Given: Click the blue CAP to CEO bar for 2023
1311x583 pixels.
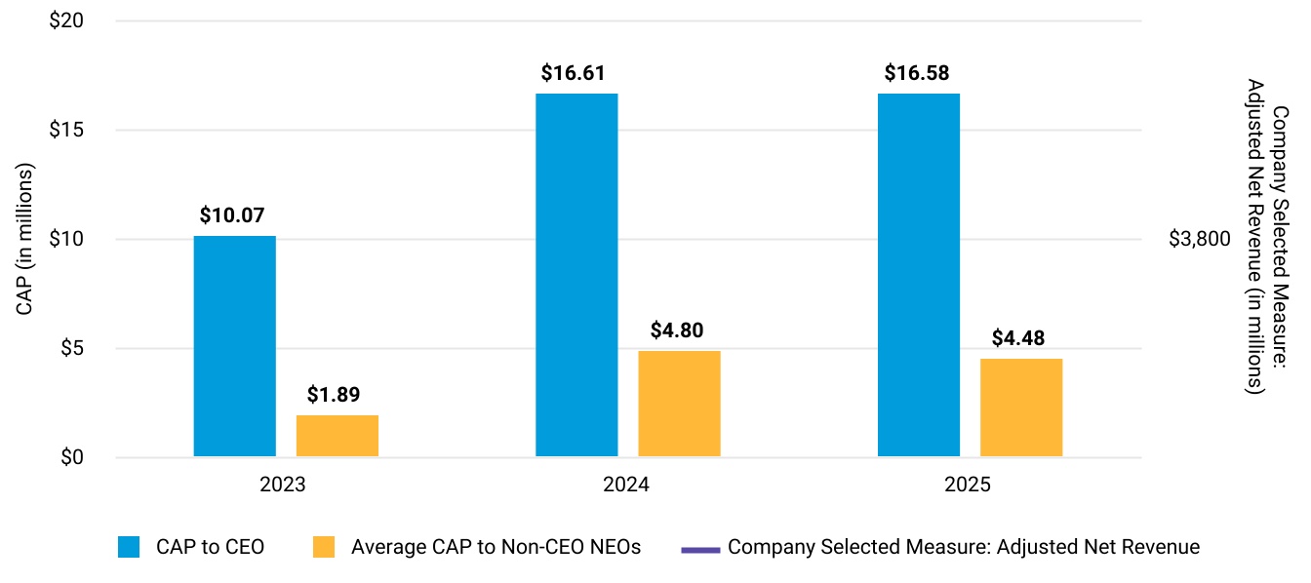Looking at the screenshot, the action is coord(235,346).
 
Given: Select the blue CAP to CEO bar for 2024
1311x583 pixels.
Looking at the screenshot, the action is coord(576,275).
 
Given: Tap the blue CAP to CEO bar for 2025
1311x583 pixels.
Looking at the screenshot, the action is coord(919,275).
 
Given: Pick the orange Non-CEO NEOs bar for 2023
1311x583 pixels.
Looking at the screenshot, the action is coord(338,436).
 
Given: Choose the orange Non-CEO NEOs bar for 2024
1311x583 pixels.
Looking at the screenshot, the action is coord(679,404).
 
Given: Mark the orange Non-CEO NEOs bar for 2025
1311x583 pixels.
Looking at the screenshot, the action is coord(1021,408).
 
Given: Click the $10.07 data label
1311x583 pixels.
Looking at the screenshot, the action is coord(232,215).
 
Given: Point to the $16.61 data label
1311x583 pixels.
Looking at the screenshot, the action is coord(573,73).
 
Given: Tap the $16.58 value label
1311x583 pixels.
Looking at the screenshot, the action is coord(917,73).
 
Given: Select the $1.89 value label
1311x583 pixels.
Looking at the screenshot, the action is coord(334,395).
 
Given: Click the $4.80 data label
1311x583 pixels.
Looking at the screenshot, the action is coord(677,330).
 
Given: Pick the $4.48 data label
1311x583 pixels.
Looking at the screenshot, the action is coord(1017,338).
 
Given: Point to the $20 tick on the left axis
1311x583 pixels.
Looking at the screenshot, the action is coord(66,20).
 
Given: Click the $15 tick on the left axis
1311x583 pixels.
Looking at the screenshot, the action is coord(66,130).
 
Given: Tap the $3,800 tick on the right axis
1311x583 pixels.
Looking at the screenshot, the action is coord(1200,239).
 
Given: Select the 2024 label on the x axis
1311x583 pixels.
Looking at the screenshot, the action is coord(626,485).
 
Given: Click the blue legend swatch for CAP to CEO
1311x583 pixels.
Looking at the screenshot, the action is coord(129,547).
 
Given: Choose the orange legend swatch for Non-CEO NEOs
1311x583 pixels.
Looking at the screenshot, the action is coord(324,547).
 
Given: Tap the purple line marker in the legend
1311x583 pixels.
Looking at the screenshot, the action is coord(700,550).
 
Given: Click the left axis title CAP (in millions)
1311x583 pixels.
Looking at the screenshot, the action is coord(24,239).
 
